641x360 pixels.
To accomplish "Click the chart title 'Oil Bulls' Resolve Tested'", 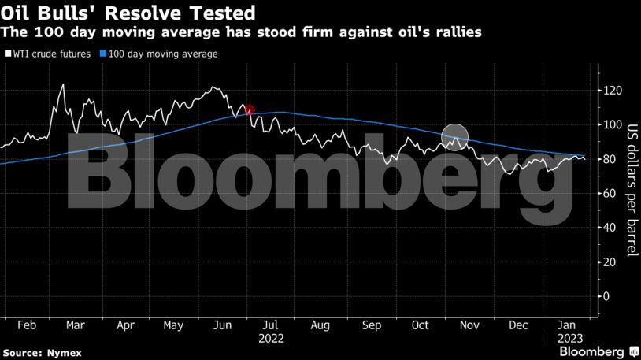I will [128, 13].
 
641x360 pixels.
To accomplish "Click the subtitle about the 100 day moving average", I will [241, 33].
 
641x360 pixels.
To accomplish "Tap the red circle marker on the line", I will [250, 110].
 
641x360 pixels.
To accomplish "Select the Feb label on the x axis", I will [26, 325].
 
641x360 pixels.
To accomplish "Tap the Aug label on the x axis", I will [320, 325].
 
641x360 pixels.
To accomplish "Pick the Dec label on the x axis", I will [518, 325].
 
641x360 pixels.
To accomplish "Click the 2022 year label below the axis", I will [270, 339].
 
